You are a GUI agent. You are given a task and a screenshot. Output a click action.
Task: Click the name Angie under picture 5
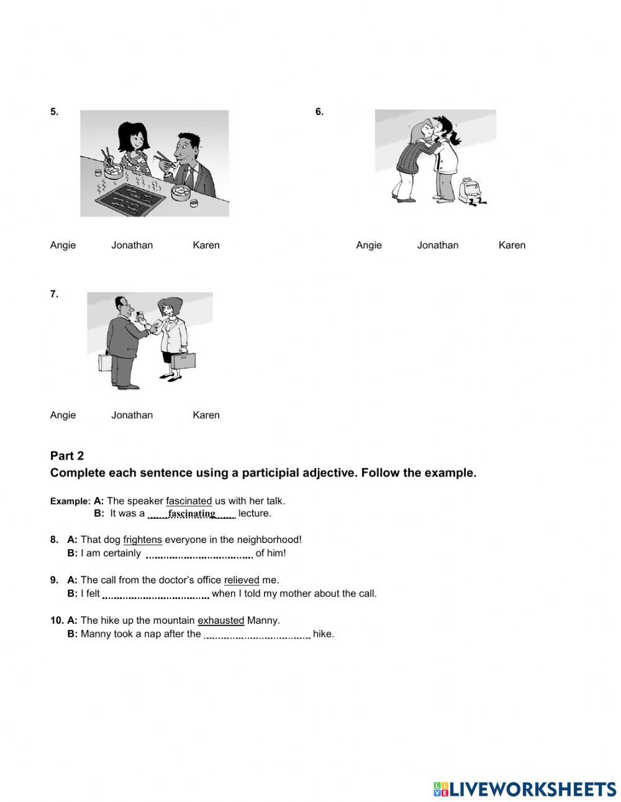click(x=63, y=245)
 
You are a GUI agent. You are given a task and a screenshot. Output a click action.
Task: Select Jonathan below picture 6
click(x=437, y=245)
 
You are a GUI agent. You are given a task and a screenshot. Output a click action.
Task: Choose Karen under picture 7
click(x=206, y=415)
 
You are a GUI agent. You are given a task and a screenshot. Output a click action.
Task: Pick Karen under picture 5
click(x=206, y=245)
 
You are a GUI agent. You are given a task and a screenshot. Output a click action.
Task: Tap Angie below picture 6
click(x=369, y=245)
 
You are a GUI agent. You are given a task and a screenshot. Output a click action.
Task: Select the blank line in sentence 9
click(x=155, y=594)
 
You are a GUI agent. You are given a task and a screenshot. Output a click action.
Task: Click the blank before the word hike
click(x=256, y=634)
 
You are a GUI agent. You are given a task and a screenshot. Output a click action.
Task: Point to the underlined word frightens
click(x=142, y=540)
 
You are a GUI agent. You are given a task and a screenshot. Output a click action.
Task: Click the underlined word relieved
click(x=242, y=580)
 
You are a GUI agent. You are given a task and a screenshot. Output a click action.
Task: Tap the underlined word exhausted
click(x=220, y=620)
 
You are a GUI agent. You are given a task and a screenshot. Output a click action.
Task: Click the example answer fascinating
click(x=191, y=514)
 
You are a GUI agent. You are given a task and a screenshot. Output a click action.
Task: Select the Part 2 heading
click(x=67, y=455)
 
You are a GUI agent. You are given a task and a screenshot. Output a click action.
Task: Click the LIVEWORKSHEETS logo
click(x=524, y=789)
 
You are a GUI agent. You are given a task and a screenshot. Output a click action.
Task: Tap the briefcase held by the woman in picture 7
click(x=184, y=361)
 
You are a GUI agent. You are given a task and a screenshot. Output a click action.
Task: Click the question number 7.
click(x=55, y=294)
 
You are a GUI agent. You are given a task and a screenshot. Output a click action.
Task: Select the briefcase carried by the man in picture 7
click(x=104, y=363)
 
